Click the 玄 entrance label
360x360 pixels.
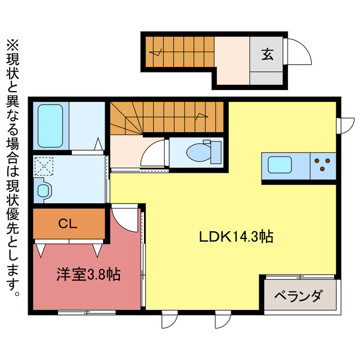267,55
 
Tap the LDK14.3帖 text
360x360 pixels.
236,237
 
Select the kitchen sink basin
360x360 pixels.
280,165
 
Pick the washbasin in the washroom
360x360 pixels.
43,190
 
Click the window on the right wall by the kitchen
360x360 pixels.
344,124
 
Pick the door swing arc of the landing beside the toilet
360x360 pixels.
154,153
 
